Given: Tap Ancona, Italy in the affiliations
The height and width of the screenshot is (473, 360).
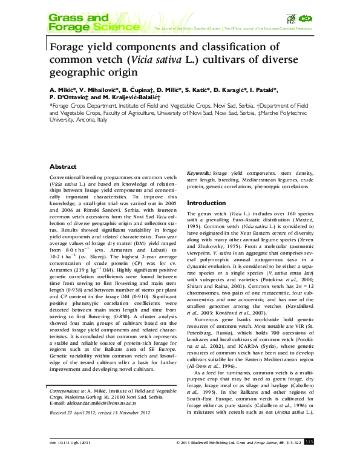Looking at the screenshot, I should click(x=91, y=120).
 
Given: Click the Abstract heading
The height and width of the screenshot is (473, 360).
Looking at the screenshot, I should click(x=62, y=166).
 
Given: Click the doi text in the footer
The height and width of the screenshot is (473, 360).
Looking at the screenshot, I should click(x=71, y=460).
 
